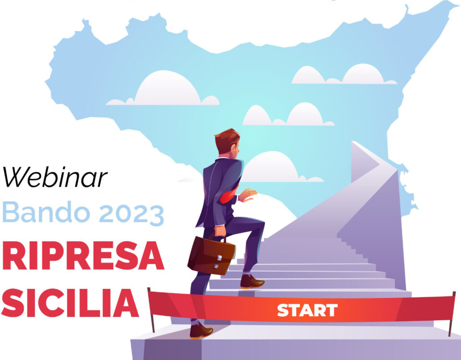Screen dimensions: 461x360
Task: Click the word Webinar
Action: click(x=55, y=177)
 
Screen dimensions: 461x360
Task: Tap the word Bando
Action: click(x=46, y=212)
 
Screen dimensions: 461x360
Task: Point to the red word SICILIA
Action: click(x=70, y=303)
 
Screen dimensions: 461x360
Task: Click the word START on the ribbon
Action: click(x=307, y=311)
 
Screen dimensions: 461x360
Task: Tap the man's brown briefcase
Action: click(x=211, y=255)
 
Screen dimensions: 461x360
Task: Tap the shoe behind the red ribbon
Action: click(x=201, y=331)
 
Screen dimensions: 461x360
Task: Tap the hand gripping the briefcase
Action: click(x=220, y=231)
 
